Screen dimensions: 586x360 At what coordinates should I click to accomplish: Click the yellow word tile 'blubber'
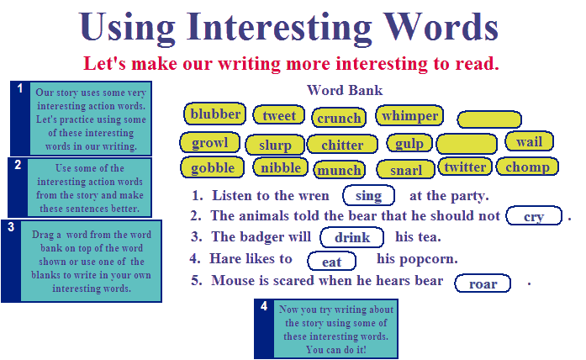pyautogui.click(x=215, y=114)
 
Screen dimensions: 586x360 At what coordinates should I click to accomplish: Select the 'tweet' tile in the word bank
pyautogui.click(x=279, y=115)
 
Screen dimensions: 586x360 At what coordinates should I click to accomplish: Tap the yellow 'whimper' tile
pyautogui.click(x=409, y=115)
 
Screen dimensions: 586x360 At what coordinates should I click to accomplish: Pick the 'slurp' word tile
pyautogui.click(x=275, y=145)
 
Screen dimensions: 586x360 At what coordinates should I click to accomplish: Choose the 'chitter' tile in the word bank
pyautogui.click(x=342, y=145)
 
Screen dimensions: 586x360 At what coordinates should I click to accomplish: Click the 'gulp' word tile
pyautogui.click(x=409, y=143)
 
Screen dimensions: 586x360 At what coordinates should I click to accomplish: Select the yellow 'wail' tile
pyautogui.click(x=529, y=141)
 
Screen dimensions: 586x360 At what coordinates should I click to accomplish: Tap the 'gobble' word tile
pyautogui.click(x=212, y=167)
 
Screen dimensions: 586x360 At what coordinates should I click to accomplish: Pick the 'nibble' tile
pyautogui.click(x=281, y=167)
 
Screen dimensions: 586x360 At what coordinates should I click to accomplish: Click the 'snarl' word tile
pyautogui.click(x=406, y=170)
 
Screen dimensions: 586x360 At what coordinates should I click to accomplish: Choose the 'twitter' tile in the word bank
pyautogui.click(x=465, y=167)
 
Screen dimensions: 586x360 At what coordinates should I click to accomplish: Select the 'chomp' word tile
pyautogui.click(x=527, y=167)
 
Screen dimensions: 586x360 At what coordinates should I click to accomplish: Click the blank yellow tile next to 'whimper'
pyautogui.click(x=489, y=119)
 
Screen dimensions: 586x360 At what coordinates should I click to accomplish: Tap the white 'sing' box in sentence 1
pyautogui.click(x=369, y=195)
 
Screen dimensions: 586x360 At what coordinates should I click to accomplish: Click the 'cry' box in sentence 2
pyautogui.click(x=534, y=215)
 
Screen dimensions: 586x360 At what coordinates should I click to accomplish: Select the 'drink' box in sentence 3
pyautogui.click(x=352, y=237)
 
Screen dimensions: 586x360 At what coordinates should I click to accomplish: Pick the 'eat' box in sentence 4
pyautogui.click(x=331, y=261)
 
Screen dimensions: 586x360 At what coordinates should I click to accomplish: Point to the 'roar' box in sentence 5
pyautogui.click(x=483, y=283)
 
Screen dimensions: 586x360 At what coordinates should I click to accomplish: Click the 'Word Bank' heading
pyautogui.click(x=345, y=90)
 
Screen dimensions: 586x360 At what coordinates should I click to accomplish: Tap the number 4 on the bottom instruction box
pyautogui.click(x=264, y=306)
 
